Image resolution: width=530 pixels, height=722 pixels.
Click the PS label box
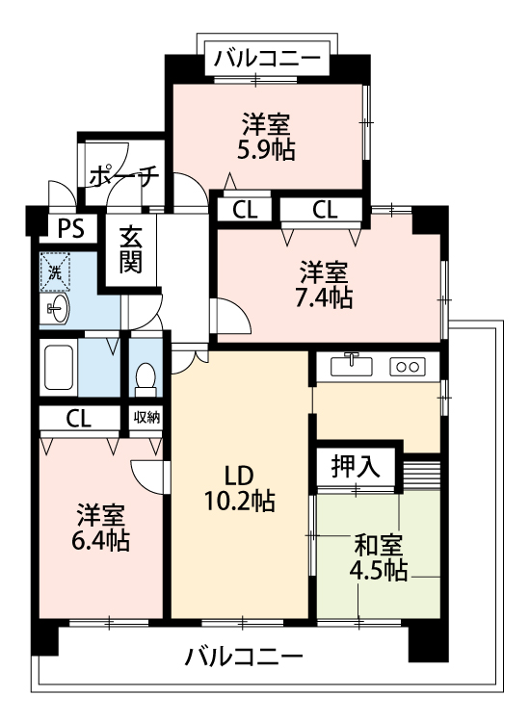pos(70,228)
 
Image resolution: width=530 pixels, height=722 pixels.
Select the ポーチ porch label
pos(122,176)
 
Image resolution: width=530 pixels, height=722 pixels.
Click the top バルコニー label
pos(266,59)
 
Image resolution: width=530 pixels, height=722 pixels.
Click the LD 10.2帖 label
pos(238,488)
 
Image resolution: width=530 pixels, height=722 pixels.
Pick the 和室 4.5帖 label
pos(377,557)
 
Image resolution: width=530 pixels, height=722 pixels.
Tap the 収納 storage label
pos(146,418)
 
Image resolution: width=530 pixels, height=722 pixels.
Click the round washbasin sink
pos(57,309)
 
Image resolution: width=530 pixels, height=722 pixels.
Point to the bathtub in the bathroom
pos(59,366)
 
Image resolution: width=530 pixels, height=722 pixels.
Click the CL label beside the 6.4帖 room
pos(80,418)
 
